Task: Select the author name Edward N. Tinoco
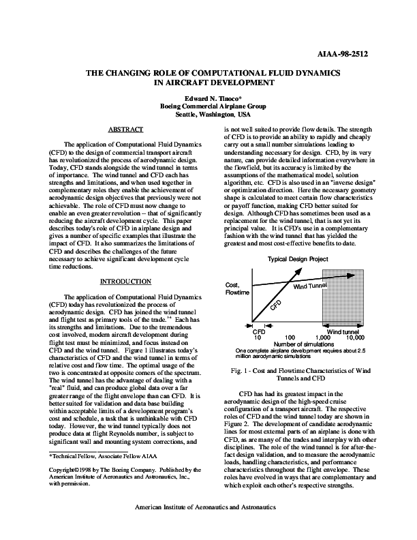pyautogui.click(x=208, y=99)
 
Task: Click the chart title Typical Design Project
pyautogui.click(x=297, y=259)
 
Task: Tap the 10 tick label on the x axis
pyautogui.click(x=258, y=337)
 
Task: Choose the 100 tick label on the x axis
pyautogui.click(x=290, y=337)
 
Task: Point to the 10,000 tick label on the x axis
pyautogui.click(x=355, y=337)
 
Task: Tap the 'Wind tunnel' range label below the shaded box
pyautogui.click(x=343, y=331)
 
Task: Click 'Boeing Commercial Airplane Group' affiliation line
pyautogui.click(x=208, y=107)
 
